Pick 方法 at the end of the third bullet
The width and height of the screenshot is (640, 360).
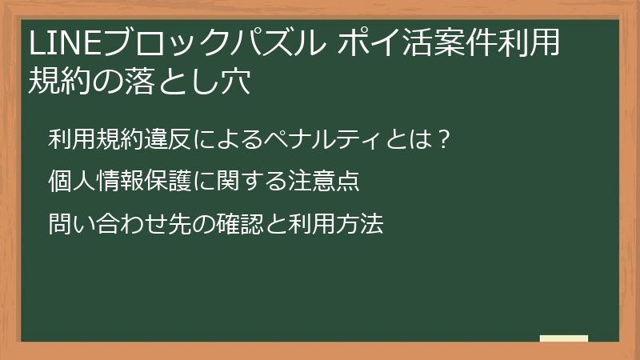pyautogui.click(x=361, y=224)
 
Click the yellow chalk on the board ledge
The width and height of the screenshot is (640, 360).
pyautogui.click(x=564, y=338)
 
